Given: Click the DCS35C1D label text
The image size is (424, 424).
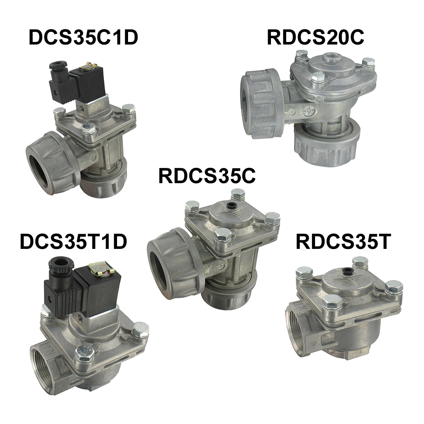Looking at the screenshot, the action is tap(83, 38).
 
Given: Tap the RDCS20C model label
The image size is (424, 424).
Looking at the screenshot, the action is tap(315, 38).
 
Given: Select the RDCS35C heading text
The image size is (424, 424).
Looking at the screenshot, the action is tap(207, 176).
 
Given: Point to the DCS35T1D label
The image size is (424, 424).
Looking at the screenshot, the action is tap(73, 241).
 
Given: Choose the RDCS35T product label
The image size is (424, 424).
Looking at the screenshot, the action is tap(343, 241).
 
